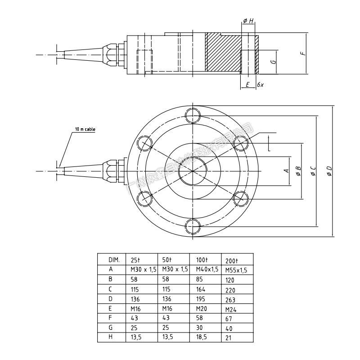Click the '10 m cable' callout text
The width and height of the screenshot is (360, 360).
click(85, 129)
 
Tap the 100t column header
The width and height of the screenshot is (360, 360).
click(201, 260)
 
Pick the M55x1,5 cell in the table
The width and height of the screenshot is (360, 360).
click(236, 270)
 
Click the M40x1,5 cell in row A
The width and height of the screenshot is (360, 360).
click(207, 269)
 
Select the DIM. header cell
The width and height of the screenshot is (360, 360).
click(114, 260)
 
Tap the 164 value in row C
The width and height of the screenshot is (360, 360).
click(201, 289)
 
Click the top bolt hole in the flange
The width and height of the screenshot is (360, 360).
click(192, 112)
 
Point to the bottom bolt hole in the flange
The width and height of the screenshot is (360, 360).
click(192, 225)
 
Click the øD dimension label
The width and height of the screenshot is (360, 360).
click(329, 171)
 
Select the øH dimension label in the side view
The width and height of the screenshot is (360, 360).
click(248, 21)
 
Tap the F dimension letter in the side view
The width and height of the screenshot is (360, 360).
click(304, 53)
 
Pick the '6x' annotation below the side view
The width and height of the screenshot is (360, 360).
click(260, 85)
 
